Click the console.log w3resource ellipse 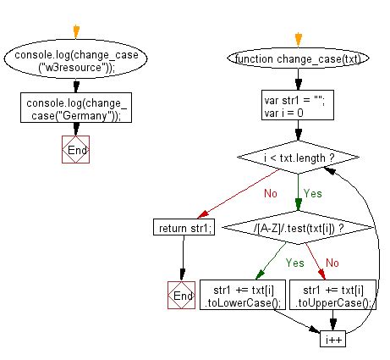75,59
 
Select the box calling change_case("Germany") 76,108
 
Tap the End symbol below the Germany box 76,149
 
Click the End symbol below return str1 181,295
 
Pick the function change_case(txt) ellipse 298,58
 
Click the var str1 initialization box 298,105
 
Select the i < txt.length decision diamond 299,158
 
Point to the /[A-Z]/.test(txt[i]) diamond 299,227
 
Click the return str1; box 184,227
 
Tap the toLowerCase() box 243,295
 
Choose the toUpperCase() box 333,295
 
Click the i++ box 333,339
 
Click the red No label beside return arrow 271,193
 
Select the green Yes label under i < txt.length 313,193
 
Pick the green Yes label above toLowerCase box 295,263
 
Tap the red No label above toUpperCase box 332,263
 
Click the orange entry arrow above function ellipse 299,40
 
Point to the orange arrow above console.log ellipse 76,32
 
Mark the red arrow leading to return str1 239,193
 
